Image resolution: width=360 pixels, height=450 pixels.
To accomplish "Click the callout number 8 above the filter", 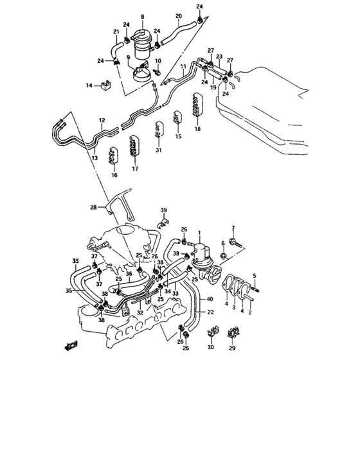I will tap(143, 16).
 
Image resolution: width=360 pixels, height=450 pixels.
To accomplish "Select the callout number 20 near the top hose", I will tap(178, 15).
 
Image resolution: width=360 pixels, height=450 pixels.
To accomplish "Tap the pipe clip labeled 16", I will tap(113, 156).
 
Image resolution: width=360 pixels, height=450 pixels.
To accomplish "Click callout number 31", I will tap(159, 150).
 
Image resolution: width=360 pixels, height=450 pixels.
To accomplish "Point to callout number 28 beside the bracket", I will tap(93, 207).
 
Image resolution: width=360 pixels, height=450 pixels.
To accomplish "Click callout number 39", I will tap(163, 211).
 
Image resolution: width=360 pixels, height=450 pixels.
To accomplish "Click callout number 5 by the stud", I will tap(255, 276).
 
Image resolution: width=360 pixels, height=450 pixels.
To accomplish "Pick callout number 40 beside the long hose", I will tap(210, 299).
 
